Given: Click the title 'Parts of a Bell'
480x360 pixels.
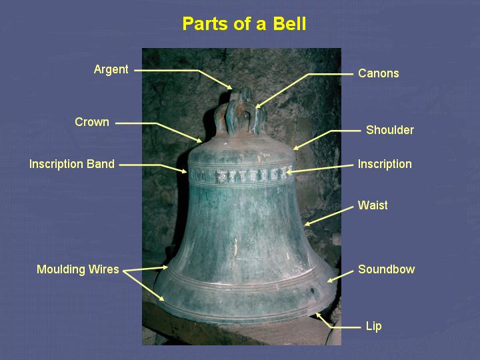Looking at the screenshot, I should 244,25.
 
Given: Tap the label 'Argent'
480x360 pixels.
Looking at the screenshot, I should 111,69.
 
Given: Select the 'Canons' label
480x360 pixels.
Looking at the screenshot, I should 378,73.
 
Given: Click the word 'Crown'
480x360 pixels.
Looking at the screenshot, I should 92,122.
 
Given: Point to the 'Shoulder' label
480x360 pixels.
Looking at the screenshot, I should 389,130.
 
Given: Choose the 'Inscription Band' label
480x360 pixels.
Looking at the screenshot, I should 72,164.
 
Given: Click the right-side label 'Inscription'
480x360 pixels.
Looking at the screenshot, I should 385,164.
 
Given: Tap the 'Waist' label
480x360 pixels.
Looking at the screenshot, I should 372,205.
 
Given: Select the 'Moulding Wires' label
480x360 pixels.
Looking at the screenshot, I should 78,269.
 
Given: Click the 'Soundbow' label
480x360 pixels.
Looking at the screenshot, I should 386,269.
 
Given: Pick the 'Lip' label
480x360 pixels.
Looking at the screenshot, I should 373,327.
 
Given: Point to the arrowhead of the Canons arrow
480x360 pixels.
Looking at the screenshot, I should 257,107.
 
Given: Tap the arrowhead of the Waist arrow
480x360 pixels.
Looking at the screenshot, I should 305,225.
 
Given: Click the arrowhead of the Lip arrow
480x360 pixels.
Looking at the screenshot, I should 318,315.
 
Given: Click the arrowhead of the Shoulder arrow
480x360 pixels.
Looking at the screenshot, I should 295,148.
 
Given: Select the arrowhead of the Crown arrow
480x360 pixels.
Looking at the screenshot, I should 201,142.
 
